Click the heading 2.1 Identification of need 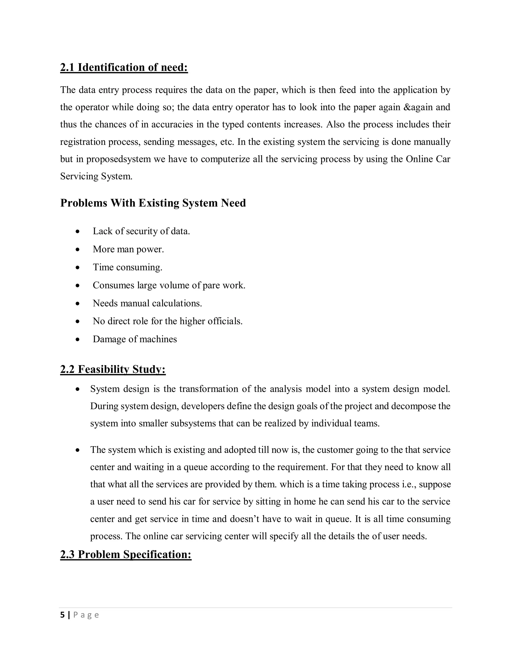pyautogui.click(x=124, y=67)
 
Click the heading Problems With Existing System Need pyautogui.click(x=153, y=203)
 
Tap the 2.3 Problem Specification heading pyautogui.click(x=126, y=554)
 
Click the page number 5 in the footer pyautogui.click(x=62, y=615)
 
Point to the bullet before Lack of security pyautogui.click(x=78, y=231)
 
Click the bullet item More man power pyautogui.click(x=128, y=249)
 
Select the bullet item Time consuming pyautogui.click(x=128, y=267)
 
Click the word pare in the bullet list pyautogui.click(x=211, y=285)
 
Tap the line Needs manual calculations pyautogui.click(x=147, y=303)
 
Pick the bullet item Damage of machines pyautogui.click(x=135, y=339)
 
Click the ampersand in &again pyautogui.click(x=406, y=107)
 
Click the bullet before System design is pyautogui.click(x=78, y=389)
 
